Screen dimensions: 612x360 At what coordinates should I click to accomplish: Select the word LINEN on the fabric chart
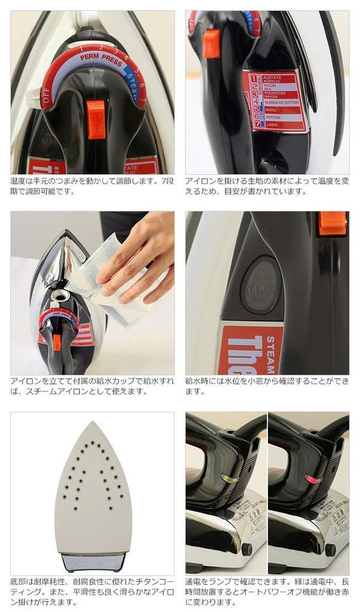click(x=271, y=124)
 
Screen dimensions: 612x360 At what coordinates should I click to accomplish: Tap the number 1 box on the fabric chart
click(x=255, y=78)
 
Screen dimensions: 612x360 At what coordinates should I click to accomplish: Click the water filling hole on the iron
click(x=60, y=295)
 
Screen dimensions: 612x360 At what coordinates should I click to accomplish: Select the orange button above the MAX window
click(x=332, y=223)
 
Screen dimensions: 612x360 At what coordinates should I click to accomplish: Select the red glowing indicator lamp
click(x=310, y=478)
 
